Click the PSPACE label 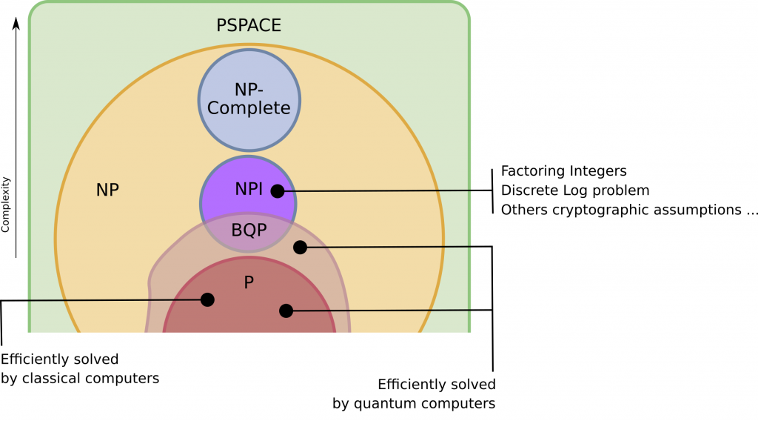click(249, 25)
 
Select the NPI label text click(249, 189)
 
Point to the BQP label click(249, 230)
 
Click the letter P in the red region click(249, 282)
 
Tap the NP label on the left click(107, 190)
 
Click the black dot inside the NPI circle click(278, 191)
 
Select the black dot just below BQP click(300, 248)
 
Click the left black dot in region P click(207, 299)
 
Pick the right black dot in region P click(286, 311)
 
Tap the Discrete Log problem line click(575, 190)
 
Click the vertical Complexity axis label click(6, 204)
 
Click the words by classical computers click(80, 379)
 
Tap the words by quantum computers click(414, 403)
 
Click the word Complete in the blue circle click(249, 108)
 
